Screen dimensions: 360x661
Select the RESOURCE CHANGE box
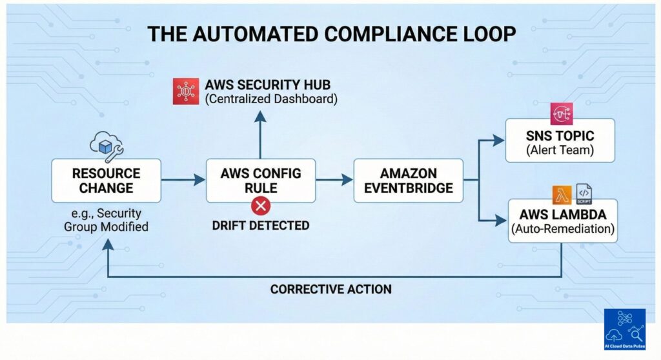click(107, 181)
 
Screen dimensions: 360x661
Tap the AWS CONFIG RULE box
click(261, 181)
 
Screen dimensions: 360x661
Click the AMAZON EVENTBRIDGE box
click(408, 181)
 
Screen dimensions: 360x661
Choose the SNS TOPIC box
click(559, 141)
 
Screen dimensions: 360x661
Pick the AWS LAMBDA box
click(562, 220)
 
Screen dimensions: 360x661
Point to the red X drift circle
click(261, 206)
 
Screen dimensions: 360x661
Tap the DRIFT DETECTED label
click(261, 225)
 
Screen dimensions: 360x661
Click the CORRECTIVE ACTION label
click(330, 289)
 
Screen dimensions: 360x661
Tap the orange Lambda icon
click(562, 194)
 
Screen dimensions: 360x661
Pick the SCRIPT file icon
click(584, 194)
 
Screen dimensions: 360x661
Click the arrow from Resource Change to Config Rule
click(183, 181)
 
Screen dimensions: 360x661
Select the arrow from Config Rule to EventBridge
click(334, 181)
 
